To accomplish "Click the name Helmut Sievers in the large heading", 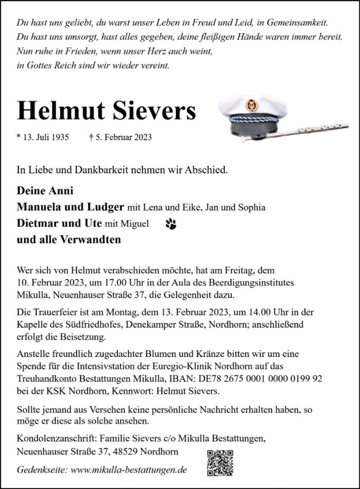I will [106, 111].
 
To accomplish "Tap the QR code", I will [220, 463].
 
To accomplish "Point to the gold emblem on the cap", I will [251, 104].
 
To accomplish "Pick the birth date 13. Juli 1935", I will [43, 137].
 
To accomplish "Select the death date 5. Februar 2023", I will [120, 137].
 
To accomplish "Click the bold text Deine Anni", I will [45, 191].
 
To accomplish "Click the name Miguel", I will [135, 223].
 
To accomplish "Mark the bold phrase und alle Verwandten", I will [69, 239].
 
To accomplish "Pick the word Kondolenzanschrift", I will [54, 438].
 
